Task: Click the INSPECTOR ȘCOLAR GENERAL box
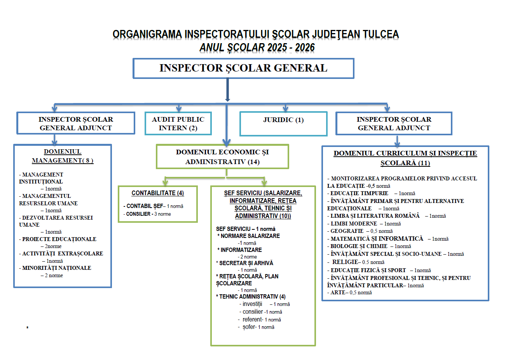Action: point(243,68)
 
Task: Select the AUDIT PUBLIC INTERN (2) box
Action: point(178,124)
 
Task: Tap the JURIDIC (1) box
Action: point(283,124)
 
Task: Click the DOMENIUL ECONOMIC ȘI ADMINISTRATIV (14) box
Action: point(222,157)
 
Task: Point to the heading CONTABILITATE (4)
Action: point(158,193)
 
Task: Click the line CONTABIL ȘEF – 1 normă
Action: point(154,206)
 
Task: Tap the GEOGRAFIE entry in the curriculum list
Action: point(347,231)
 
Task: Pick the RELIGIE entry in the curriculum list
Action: point(345,262)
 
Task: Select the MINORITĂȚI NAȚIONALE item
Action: point(57,268)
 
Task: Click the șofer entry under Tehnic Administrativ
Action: point(249,327)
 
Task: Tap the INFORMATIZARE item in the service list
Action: point(241,250)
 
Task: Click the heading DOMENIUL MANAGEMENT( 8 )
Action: point(63,156)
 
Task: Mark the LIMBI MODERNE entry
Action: point(354,224)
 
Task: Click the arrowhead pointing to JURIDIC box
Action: point(286,108)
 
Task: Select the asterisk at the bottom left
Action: point(27,328)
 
